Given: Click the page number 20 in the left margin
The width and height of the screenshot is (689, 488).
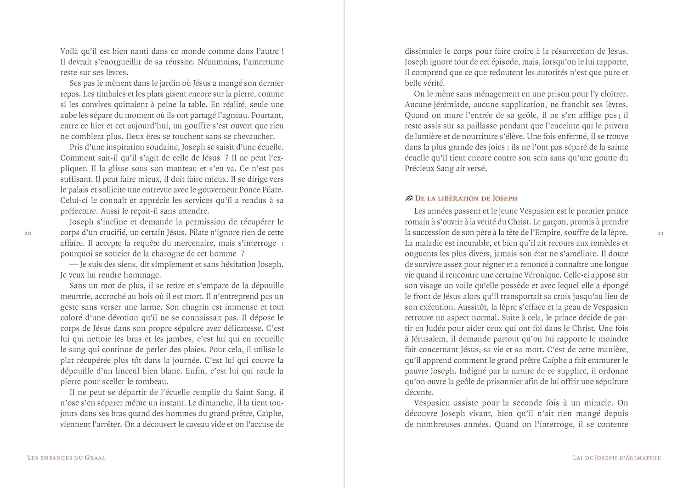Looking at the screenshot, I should click(x=28, y=234).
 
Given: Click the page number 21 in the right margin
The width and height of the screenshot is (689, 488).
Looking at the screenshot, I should click(x=661, y=233).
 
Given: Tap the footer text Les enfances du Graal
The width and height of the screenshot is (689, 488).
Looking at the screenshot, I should click(x=67, y=458).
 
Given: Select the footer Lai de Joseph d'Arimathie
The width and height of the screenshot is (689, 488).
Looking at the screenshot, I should click(x=617, y=458).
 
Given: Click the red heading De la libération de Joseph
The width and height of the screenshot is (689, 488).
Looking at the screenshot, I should click(x=466, y=199).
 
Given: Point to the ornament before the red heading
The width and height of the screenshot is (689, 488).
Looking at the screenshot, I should click(x=409, y=199).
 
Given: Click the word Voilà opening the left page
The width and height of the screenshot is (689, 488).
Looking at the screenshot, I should click(x=70, y=51).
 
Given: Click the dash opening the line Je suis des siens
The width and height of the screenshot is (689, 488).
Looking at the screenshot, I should click(x=73, y=265).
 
